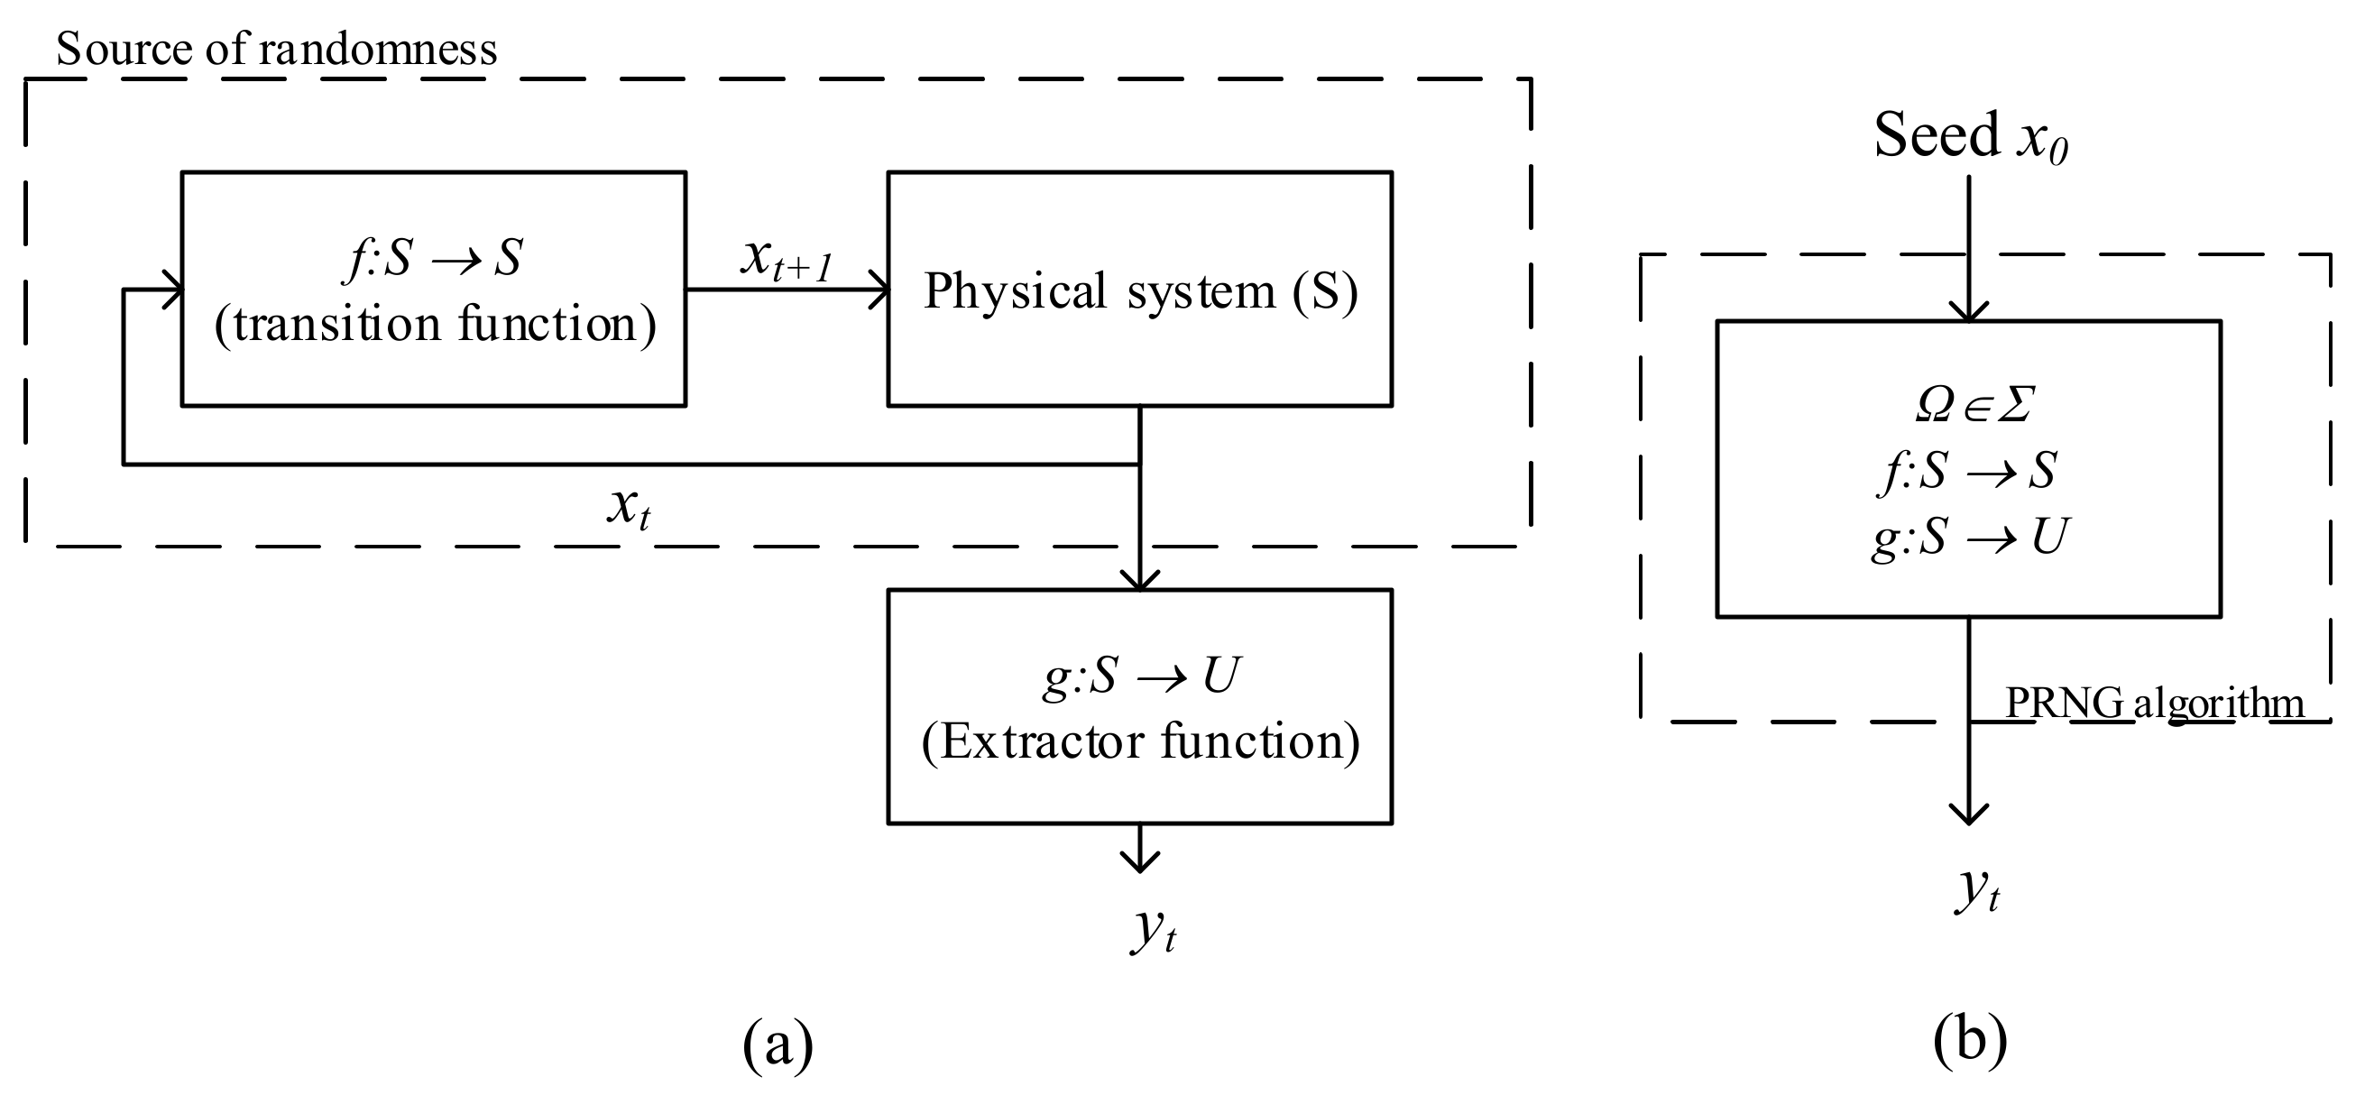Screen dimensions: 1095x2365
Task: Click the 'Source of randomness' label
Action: click(275, 49)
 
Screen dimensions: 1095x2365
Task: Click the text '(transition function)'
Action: click(435, 325)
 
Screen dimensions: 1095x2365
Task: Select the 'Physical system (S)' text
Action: click(1140, 291)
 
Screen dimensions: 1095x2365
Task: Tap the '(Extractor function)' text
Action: click(1140, 741)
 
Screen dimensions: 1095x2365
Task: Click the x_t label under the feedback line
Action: click(629, 506)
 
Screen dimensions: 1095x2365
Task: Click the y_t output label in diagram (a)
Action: click(1153, 929)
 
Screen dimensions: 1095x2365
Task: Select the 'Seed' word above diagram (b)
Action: click(1936, 136)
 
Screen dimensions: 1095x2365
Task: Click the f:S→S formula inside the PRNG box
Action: click(1968, 471)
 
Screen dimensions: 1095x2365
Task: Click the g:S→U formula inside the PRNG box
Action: click(1968, 537)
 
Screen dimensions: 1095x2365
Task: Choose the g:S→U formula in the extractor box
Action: click(1140, 676)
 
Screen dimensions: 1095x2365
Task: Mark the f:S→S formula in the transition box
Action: click(434, 258)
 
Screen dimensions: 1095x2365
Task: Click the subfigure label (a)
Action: click(778, 1044)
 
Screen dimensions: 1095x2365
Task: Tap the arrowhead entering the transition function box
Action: click(174, 291)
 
